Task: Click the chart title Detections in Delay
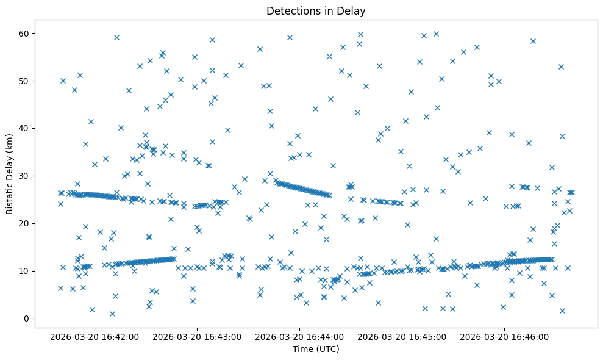click(316, 11)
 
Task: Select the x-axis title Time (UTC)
click(316, 349)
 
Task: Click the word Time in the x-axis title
click(303, 349)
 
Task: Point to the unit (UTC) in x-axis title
click(327, 349)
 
